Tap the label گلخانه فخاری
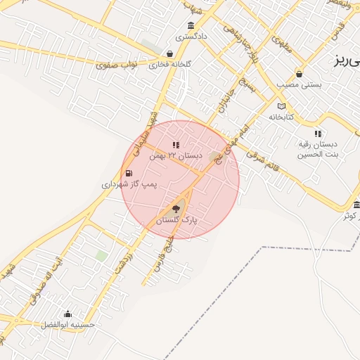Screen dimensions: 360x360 coord(169,65)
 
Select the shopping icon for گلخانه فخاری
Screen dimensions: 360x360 coord(169,53)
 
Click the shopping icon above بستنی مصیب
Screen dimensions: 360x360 coord(300,73)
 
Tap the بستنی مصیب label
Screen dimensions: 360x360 coord(299,84)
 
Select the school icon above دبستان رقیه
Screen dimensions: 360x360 coord(318,133)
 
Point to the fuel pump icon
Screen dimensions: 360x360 coord(128,173)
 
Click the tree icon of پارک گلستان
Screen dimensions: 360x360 coord(176,208)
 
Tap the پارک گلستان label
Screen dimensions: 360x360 coord(176,220)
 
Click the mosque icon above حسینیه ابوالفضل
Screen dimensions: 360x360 coord(67,314)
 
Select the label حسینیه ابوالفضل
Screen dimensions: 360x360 coord(68,325)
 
